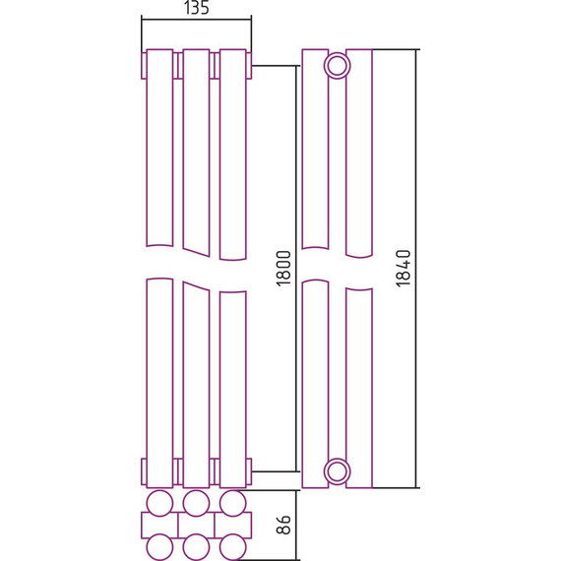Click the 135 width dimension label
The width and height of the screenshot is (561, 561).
(x=197, y=8)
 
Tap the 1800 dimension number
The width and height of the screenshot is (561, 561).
(x=284, y=269)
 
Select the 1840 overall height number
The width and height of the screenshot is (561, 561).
(x=404, y=269)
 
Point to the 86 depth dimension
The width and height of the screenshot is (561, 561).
(x=284, y=525)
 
